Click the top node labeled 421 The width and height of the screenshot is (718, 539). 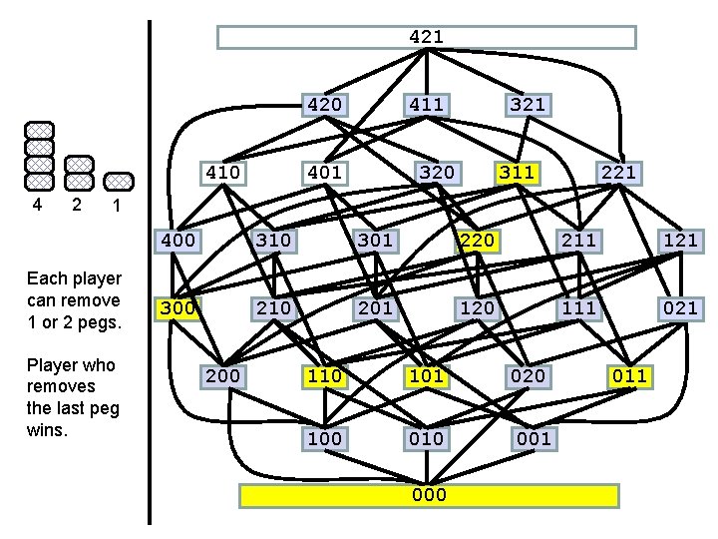(x=426, y=37)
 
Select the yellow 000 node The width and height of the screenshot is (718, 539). (x=430, y=495)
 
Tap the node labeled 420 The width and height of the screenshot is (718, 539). (x=324, y=105)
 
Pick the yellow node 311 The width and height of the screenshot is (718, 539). (x=517, y=173)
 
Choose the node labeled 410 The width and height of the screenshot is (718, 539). (x=221, y=173)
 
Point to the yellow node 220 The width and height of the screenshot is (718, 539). (x=476, y=241)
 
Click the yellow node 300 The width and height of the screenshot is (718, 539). (x=178, y=308)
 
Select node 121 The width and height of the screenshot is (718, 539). (x=680, y=241)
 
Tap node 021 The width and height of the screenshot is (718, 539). (x=680, y=308)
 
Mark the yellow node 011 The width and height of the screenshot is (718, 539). (x=629, y=376)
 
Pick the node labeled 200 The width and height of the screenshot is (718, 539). (x=221, y=376)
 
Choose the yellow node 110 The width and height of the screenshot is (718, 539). (x=324, y=376)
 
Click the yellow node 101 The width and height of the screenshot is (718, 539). (x=426, y=376)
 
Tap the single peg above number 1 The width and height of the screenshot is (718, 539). (x=118, y=181)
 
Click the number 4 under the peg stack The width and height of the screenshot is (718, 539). (x=37, y=205)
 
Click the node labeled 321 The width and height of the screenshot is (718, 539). (x=528, y=105)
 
